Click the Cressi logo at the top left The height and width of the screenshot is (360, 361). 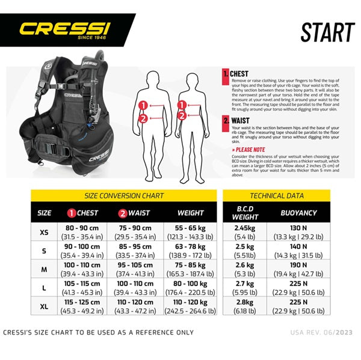pyautogui.click(x=65, y=29)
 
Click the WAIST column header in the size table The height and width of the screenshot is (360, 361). pyautogui.click(x=135, y=212)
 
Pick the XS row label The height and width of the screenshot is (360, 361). pyautogui.click(x=44, y=232)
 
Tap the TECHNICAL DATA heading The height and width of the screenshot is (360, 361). pyautogui.click(x=277, y=195)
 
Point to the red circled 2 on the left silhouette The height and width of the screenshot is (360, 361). pyautogui.click(x=143, y=118)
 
